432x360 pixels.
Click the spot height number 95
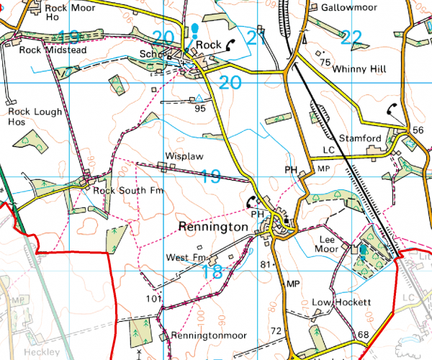(199, 109)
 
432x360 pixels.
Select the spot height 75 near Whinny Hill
(325, 63)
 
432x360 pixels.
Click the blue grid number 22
(350, 38)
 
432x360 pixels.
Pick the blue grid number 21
(256, 38)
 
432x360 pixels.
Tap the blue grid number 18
(212, 271)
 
